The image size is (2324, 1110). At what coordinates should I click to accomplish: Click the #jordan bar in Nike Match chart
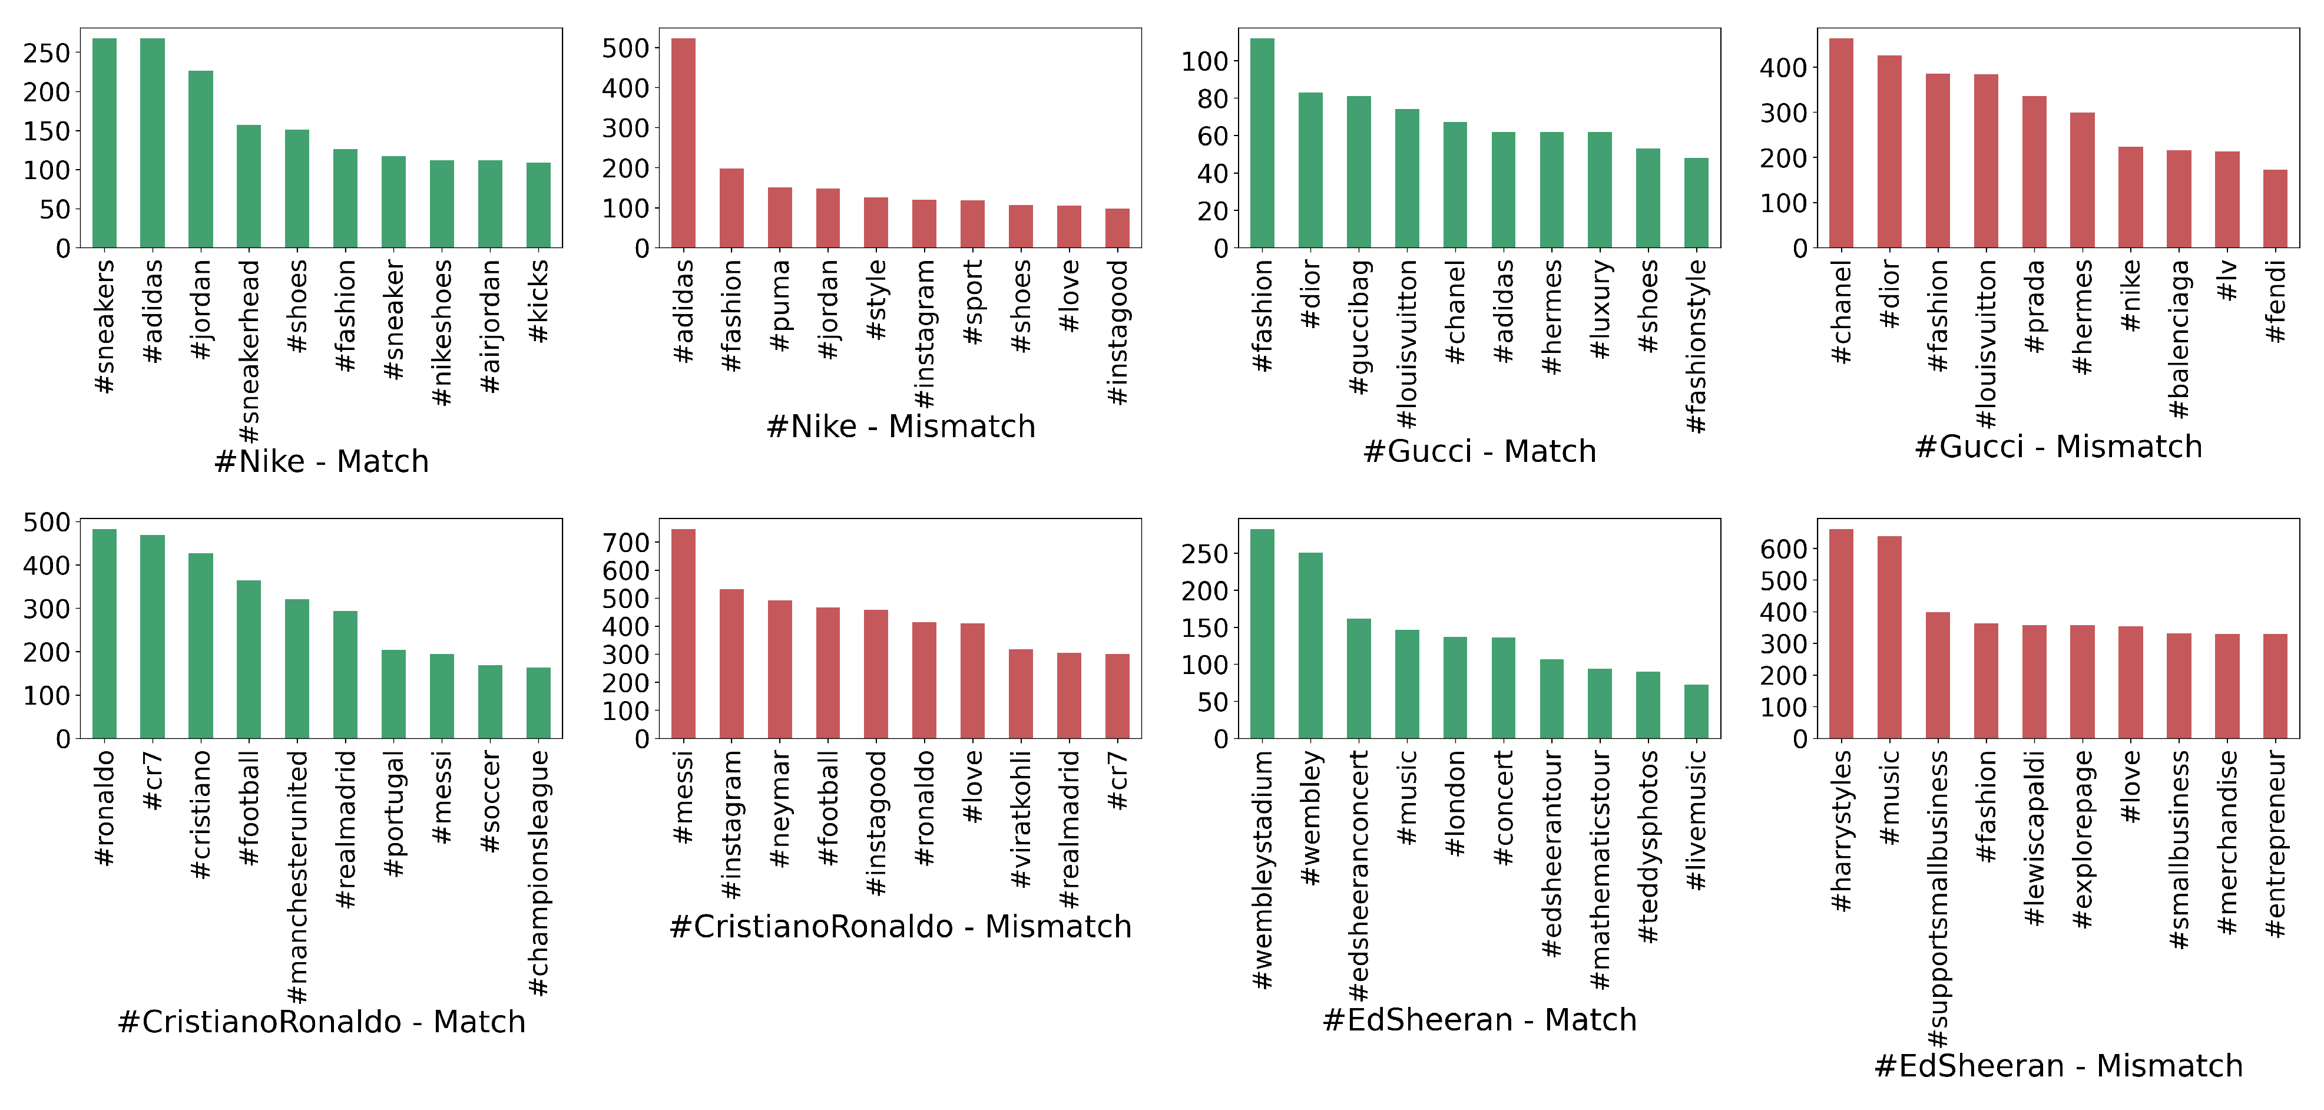(x=200, y=159)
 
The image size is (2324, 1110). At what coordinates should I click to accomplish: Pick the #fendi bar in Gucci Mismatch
(x=2275, y=209)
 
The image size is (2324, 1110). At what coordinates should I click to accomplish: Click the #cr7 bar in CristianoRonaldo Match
(x=153, y=636)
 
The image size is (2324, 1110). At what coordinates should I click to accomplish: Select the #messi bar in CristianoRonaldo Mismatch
(x=683, y=633)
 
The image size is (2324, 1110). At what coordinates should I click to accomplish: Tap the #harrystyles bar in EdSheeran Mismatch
(x=1840, y=633)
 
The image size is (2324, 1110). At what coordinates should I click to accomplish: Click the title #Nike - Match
(x=321, y=461)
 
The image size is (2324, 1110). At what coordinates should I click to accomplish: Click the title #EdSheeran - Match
(x=1479, y=1020)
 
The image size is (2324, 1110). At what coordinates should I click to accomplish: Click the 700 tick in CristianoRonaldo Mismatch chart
(x=626, y=543)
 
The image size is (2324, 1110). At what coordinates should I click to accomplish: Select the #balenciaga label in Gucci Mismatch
(x=2178, y=339)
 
